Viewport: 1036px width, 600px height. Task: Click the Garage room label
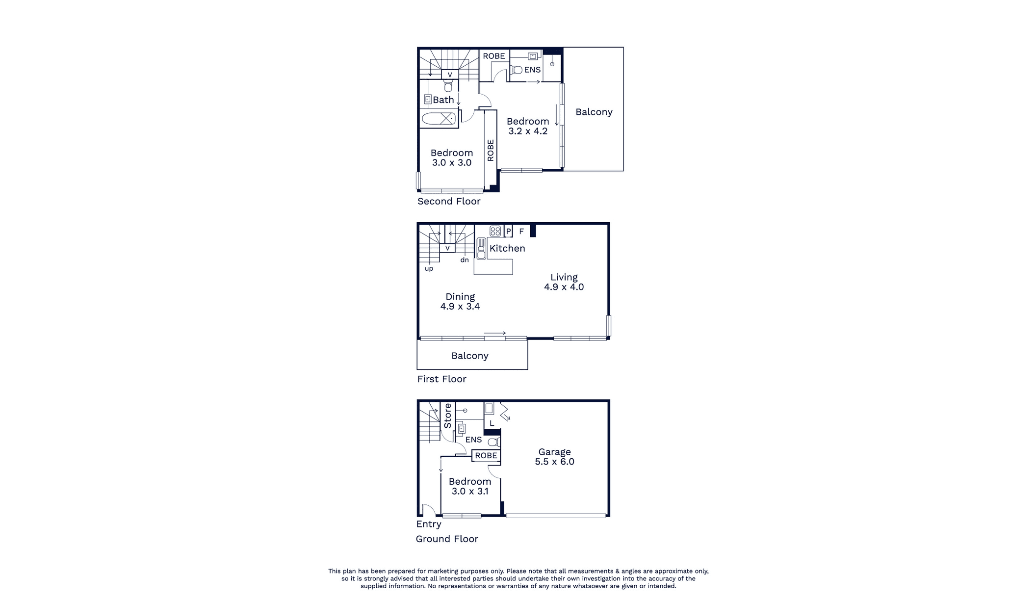point(554,457)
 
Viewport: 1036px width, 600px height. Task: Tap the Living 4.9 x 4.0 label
point(564,282)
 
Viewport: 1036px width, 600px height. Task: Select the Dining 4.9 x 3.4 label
point(460,301)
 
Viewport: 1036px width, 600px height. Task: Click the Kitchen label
point(507,248)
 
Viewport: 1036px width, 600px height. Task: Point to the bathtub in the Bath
point(439,118)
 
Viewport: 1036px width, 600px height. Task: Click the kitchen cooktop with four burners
point(495,231)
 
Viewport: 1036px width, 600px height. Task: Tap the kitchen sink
point(481,248)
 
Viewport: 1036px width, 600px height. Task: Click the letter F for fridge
point(521,231)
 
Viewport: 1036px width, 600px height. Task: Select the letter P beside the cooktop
point(508,231)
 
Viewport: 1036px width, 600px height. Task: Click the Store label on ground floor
point(447,416)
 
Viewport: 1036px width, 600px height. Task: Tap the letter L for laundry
point(492,423)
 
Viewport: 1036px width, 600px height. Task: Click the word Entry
point(429,524)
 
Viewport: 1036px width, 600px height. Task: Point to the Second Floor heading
point(449,201)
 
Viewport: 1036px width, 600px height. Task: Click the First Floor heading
point(441,379)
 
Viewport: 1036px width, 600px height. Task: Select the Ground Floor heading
point(447,539)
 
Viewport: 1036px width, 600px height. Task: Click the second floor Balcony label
point(594,112)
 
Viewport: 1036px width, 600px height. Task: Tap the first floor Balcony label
point(469,356)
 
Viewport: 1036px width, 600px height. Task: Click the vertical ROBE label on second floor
point(491,150)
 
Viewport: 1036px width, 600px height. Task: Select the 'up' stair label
point(429,269)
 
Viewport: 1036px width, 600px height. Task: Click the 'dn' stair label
point(465,260)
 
